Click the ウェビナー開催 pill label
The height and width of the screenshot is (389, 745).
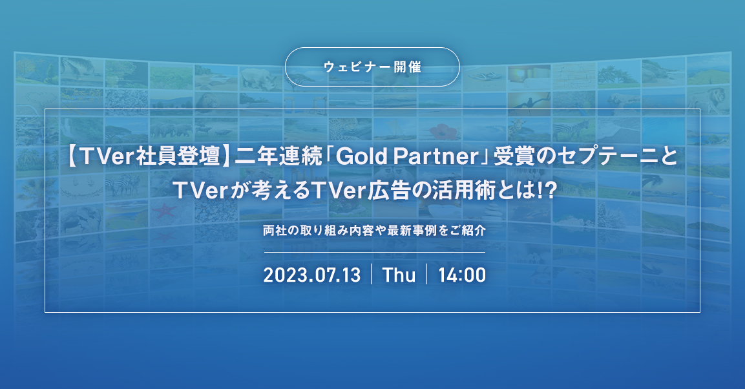tap(372, 67)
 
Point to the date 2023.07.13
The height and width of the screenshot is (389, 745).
tap(311, 275)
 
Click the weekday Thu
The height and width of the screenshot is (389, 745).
tap(399, 275)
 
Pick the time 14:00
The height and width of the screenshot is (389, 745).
tap(462, 275)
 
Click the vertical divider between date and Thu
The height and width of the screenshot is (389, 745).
tap(372, 275)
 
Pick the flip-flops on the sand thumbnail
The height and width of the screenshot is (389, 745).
tap(485, 76)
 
